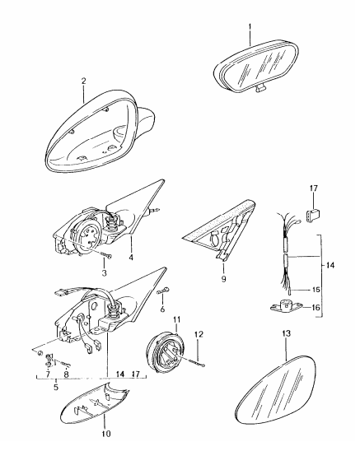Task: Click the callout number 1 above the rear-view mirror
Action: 250,27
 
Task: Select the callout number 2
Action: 83,81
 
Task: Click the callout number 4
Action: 131,257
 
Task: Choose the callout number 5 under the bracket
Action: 56,387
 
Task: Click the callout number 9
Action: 223,279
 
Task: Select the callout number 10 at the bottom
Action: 106,434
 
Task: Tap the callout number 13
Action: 286,334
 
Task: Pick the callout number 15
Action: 316,289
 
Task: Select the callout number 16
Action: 316,308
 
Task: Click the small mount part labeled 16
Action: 286,306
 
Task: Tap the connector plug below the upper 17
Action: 314,213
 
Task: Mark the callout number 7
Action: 48,374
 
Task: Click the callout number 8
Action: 66,374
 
